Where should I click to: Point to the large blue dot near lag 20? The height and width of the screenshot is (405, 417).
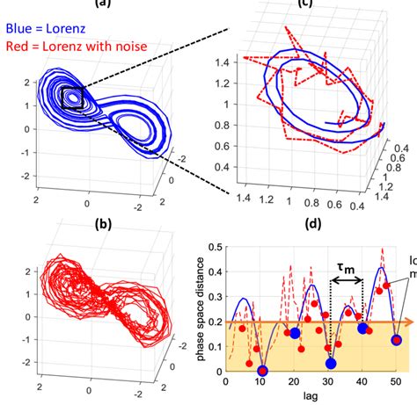pos(296,332)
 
